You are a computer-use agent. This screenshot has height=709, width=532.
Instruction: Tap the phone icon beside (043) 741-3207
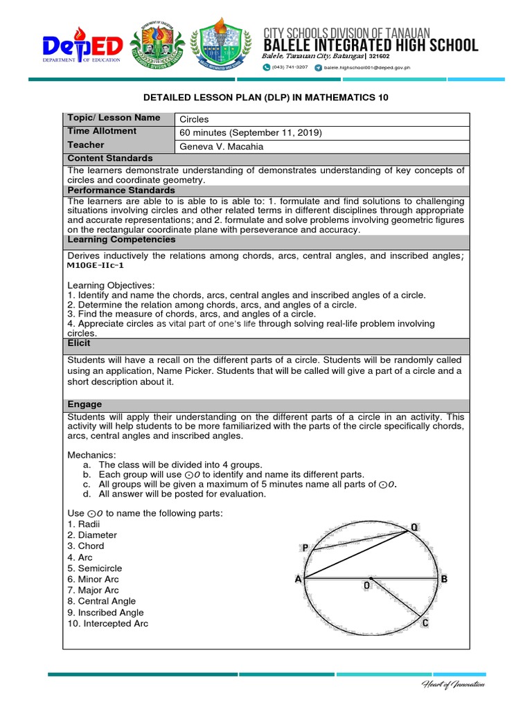click(265, 68)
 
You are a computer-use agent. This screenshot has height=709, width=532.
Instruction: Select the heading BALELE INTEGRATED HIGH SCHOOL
click(370, 46)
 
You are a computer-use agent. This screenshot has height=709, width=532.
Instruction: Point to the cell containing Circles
click(195, 119)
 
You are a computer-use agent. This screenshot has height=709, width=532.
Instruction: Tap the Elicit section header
click(79, 343)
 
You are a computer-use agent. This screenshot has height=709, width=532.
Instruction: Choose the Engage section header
click(85, 404)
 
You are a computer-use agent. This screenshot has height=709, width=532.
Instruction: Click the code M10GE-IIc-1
click(96, 265)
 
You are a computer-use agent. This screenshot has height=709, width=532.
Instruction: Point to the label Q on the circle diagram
click(414, 527)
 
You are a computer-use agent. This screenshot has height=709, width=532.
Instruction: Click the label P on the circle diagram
click(304, 548)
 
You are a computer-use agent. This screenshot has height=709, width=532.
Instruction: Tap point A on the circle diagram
click(299, 580)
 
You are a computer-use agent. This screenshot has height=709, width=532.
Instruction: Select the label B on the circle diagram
click(444, 579)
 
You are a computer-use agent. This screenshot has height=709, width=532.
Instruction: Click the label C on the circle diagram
click(425, 624)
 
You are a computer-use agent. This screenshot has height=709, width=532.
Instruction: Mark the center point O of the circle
click(371, 579)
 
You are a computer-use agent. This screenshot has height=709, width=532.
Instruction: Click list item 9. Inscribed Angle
click(105, 613)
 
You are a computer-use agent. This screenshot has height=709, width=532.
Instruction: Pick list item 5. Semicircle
click(95, 568)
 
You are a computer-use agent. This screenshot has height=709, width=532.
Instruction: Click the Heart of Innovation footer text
click(454, 685)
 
